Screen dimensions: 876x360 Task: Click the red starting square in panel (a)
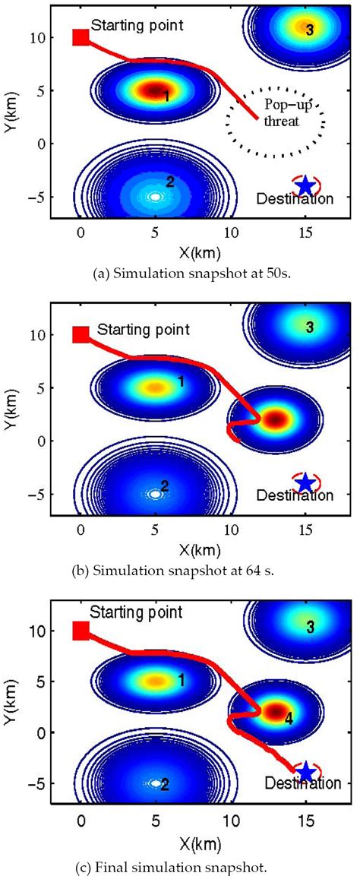(80, 37)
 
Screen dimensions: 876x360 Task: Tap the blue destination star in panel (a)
(305, 185)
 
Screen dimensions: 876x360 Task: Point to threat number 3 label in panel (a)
(308, 30)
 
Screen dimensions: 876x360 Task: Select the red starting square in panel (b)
(80, 334)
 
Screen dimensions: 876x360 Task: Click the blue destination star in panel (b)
(305, 482)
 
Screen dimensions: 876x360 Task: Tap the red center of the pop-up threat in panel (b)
(275, 419)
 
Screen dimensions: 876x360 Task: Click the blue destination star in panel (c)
(305, 771)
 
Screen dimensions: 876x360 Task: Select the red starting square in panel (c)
(80, 630)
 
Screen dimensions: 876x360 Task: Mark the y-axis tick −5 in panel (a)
(33, 197)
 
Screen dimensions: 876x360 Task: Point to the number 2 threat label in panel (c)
(164, 784)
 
